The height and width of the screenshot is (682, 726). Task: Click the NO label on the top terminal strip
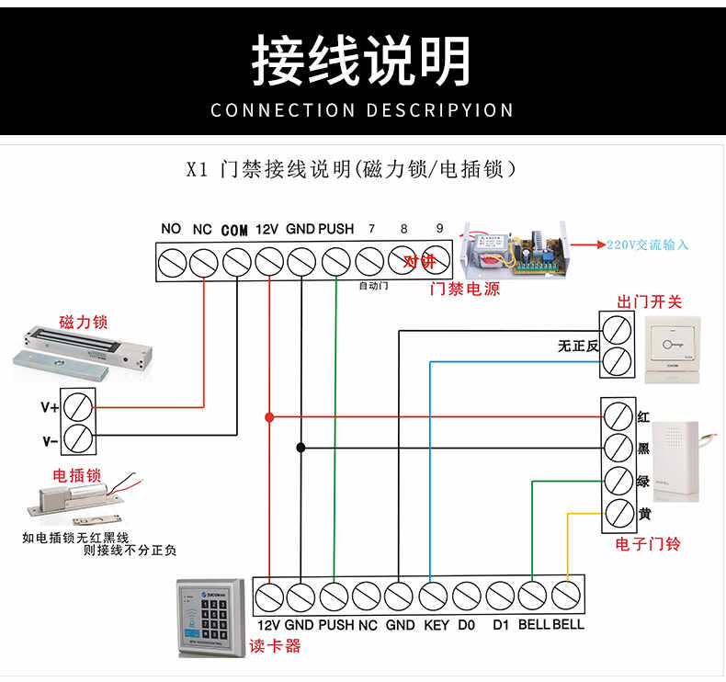tap(171, 229)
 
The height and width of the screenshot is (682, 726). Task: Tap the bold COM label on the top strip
tap(234, 230)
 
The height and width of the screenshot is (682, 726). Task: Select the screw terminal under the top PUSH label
tap(336, 262)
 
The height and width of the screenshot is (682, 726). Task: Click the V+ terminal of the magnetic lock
tap(79, 405)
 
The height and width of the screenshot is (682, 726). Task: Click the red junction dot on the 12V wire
tap(268, 416)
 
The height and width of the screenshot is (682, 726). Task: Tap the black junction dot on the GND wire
tap(301, 448)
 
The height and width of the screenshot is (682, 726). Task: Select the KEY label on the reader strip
tap(436, 625)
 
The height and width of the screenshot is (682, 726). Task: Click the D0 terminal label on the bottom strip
tap(466, 625)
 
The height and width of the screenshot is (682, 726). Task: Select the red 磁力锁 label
tap(83, 322)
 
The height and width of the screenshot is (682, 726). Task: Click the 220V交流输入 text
tap(647, 244)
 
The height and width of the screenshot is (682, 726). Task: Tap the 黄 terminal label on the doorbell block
tap(644, 513)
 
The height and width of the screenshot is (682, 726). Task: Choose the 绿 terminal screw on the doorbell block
tap(618, 481)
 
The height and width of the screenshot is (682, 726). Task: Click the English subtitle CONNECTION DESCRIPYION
tap(362, 110)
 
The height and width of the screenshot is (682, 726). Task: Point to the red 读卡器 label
tap(275, 646)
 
